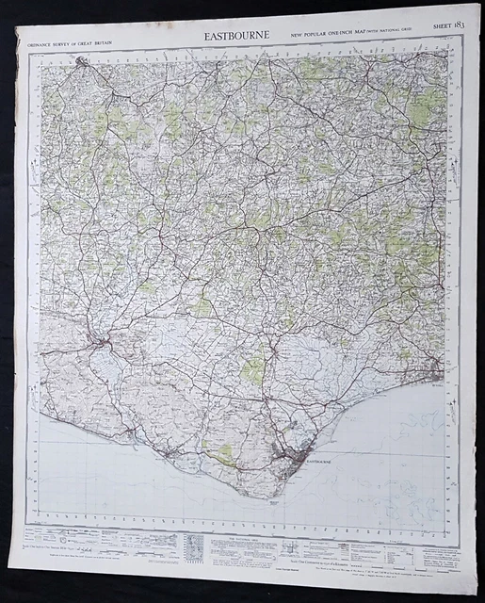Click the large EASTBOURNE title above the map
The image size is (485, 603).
236,37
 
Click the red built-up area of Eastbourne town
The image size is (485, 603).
287,450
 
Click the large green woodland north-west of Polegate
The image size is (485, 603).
252,369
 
